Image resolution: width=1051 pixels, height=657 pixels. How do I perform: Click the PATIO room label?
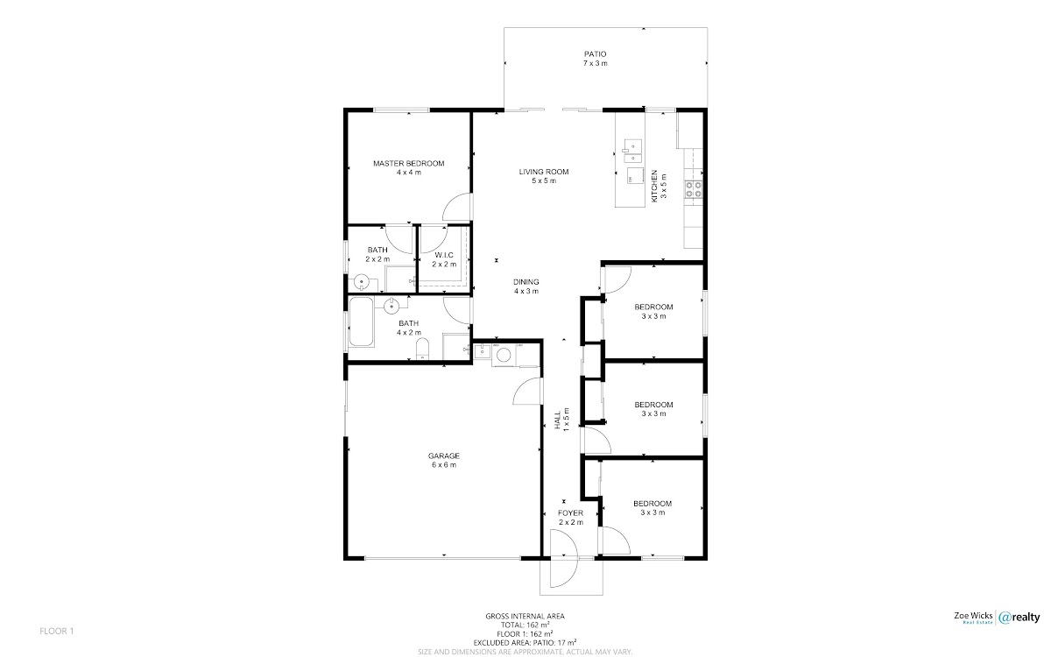pyautogui.click(x=595, y=54)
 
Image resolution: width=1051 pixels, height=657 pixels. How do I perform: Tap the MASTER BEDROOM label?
pyautogui.click(x=409, y=163)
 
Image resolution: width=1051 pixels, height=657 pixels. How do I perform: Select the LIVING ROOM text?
pyautogui.click(x=544, y=172)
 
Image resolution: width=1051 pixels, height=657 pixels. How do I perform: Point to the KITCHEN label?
pyautogui.click(x=654, y=187)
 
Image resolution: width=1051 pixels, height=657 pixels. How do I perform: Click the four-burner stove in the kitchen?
pyautogui.click(x=694, y=189)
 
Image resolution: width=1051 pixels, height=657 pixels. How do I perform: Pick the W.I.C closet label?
pyautogui.click(x=444, y=255)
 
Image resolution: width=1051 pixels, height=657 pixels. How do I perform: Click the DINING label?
pyautogui.click(x=526, y=282)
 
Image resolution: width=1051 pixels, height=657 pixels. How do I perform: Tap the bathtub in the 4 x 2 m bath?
pyautogui.click(x=361, y=321)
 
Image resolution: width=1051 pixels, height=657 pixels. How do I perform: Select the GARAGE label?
pyautogui.click(x=444, y=456)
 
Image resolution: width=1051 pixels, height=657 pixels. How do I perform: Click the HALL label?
pyautogui.click(x=558, y=420)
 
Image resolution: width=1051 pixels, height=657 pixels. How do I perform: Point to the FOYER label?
pyautogui.click(x=570, y=513)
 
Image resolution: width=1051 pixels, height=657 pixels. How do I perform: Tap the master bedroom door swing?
pyautogui.click(x=456, y=207)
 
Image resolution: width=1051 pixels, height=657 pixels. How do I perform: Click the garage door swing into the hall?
pyautogui.click(x=527, y=391)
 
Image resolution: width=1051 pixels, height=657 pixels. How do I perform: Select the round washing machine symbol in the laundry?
pyautogui.click(x=504, y=356)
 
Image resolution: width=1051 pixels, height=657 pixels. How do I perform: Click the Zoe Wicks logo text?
pyautogui.click(x=974, y=616)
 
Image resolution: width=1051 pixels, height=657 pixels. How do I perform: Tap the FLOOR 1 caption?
pyautogui.click(x=57, y=632)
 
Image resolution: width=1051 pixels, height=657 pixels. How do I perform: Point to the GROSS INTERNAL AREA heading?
pyautogui.click(x=525, y=616)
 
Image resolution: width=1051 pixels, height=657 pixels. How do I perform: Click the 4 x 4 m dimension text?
pyautogui.click(x=409, y=173)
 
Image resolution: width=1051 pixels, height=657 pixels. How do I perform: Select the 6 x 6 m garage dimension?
pyautogui.click(x=444, y=465)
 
